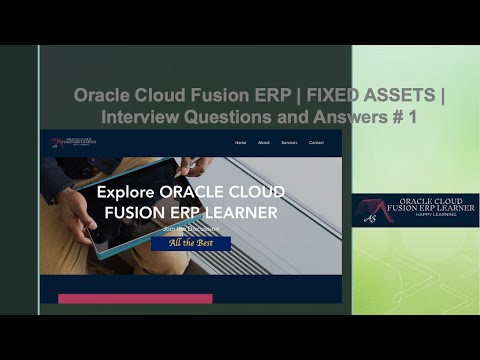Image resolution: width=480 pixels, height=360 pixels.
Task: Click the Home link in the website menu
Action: coord(240,143)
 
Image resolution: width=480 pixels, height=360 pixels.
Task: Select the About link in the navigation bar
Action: coord(264,143)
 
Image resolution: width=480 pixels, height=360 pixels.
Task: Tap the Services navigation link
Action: coord(289,143)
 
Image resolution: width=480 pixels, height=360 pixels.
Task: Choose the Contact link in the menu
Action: coord(316,143)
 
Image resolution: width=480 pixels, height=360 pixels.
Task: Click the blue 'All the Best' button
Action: coord(191,243)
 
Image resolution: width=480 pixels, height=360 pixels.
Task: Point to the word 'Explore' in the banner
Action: coord(128,192)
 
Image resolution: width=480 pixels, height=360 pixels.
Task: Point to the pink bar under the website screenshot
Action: coord(135,298)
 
